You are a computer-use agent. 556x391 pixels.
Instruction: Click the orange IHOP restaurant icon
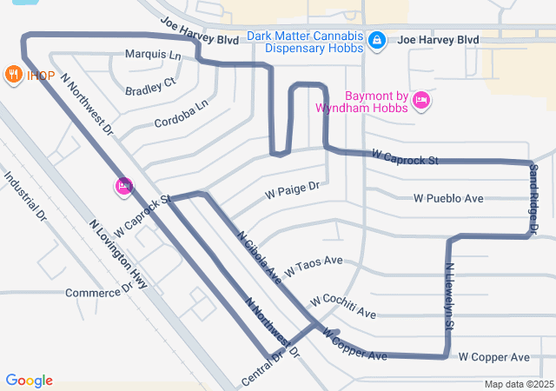click(13, 75)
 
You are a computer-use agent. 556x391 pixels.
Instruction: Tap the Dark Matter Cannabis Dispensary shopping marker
click(377, 40)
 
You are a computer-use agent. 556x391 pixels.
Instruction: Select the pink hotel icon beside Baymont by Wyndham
click(421, 101)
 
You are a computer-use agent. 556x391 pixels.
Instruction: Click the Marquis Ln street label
click(153, 55)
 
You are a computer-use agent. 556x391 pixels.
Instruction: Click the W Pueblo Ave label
click(448, 198)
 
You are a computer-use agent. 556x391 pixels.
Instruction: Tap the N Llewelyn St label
click(449, 296)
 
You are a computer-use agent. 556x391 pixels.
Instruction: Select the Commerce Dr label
click(98, 291)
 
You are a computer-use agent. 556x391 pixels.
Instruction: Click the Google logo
click(30, 381)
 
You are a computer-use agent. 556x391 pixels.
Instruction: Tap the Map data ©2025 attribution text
click(518, 384)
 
